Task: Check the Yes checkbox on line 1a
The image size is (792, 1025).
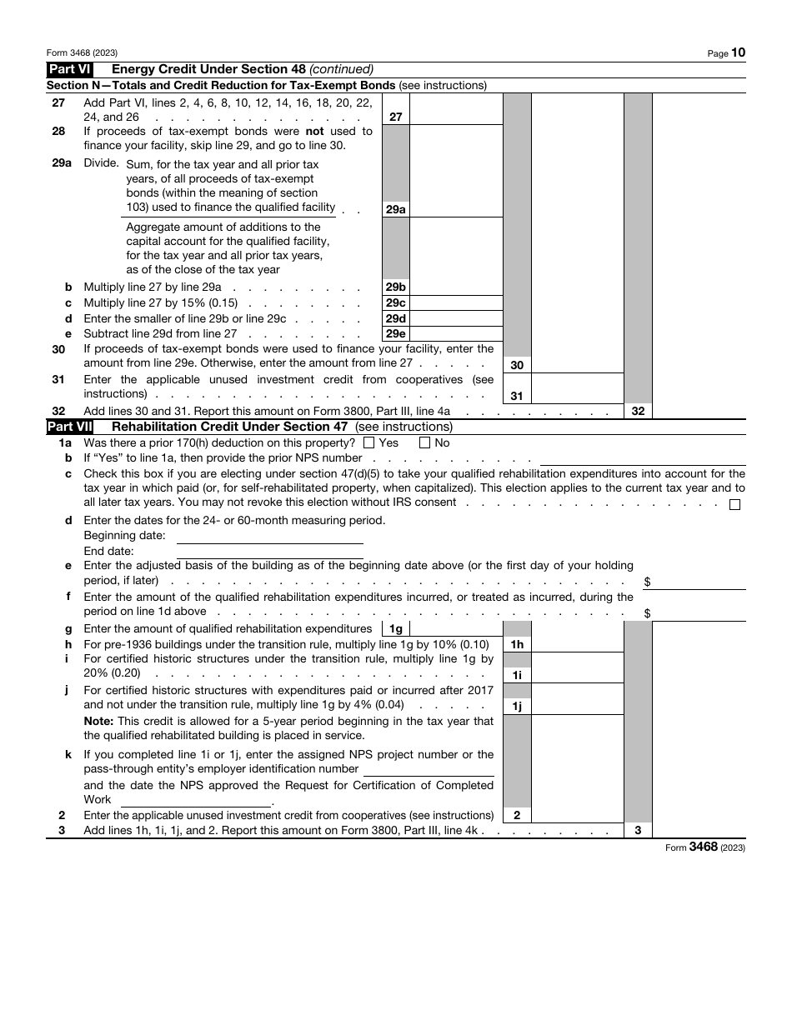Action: point(369,443)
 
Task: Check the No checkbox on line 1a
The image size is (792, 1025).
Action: point(424,443)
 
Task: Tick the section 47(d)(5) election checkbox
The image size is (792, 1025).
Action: point(734,504)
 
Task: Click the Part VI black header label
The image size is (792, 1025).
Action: point(70,69)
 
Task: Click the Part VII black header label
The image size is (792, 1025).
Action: point(70,427)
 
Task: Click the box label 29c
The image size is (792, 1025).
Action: point(395,303)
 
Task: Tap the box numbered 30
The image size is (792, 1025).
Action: point(517,365)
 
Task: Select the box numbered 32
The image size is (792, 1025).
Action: point(639,411)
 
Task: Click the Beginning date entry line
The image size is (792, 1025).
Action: point(269,536)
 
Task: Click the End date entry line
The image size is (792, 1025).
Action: point(269,551)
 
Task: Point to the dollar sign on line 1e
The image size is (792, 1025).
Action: point(648,582)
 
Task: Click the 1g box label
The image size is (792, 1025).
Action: point(396,629)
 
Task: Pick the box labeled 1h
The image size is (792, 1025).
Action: point(517,644)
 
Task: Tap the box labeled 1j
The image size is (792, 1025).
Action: point(517,707)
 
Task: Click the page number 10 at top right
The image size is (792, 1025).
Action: point(739,52)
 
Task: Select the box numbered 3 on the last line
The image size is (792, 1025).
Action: point(639,830)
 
